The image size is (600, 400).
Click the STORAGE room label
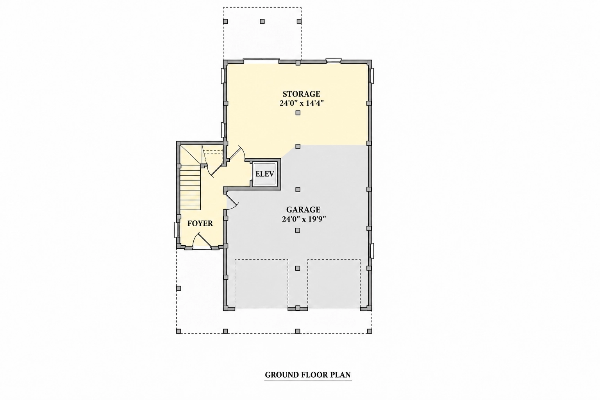[x=301, y=94]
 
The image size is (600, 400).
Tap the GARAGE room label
[x=303, y=209]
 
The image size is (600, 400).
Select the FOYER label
[x=200, y=223]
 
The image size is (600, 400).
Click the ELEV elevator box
[x=264, y=174]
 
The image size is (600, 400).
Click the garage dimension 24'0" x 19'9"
[x=304, y=219]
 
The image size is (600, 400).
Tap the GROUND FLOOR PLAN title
[x=308, y=375]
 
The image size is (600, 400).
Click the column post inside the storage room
[x=298, y=113]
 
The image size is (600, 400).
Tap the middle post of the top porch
[x=262, y=21]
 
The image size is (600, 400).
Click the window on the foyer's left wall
[x=177, y=230]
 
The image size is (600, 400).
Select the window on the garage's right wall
[x=371, y=251]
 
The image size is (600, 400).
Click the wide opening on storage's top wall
[x=261, y=61]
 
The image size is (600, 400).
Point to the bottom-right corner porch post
[x=370, y=331]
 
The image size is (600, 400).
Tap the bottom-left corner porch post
[x=179, y=331]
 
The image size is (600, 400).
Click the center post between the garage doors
[x=298, y=308]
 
